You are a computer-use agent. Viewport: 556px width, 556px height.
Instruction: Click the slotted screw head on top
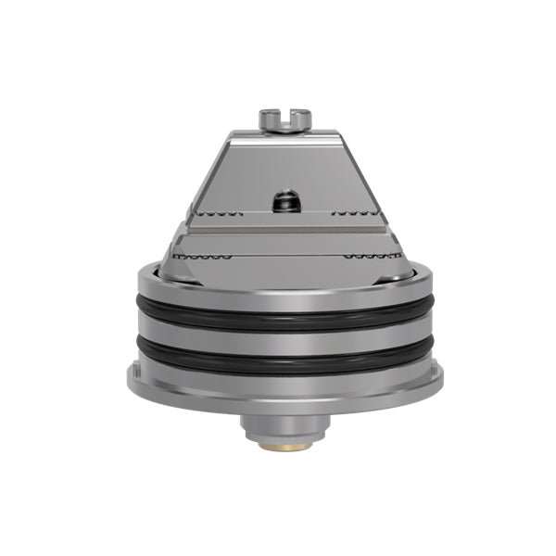coord(281,120)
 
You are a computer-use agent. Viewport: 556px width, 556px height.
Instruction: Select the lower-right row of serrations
coord(367,254)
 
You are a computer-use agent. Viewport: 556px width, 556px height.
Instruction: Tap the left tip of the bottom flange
coord(129,379)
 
